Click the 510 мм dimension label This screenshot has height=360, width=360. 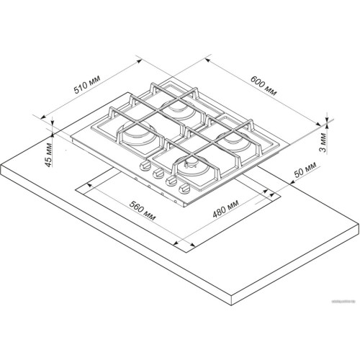(86, 84)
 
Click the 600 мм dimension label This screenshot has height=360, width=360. (264, 86)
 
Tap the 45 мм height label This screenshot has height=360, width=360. (48, 155)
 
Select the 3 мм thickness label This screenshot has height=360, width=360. (324, 143)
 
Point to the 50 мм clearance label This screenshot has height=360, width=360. (305, 170)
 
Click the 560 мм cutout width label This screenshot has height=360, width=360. (143, 210)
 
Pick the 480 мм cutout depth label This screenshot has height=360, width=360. (225, 209)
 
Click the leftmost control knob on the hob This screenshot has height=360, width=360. (145, 166)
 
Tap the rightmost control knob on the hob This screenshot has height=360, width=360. (184, 189)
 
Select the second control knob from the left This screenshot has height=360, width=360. (158, 173)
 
